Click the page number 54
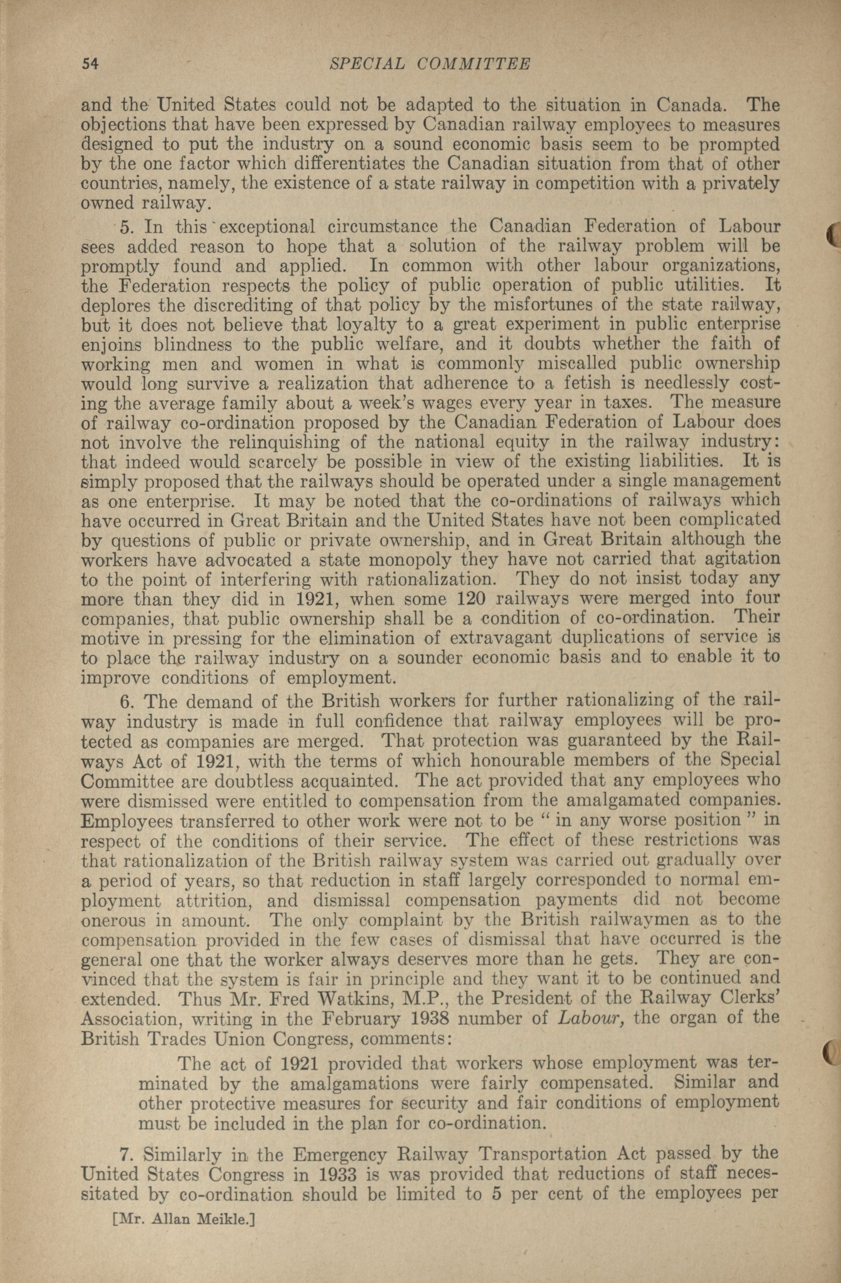(x=90, y=64)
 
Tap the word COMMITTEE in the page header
(x=474, y=64)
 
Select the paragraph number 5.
(x=127, y=226)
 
